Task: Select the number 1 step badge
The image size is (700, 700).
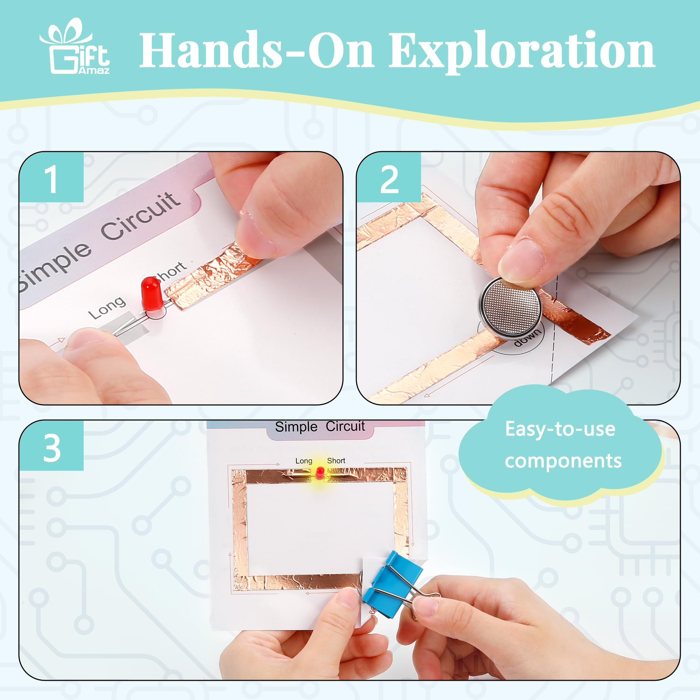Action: [51, 178]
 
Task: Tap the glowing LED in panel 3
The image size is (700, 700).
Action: [320, 472]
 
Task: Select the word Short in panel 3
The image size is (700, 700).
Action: [336, 461]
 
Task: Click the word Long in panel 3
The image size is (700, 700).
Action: [303, 461]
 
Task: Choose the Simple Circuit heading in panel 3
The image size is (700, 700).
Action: [320, 426]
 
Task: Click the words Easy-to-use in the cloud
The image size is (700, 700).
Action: [560, 430]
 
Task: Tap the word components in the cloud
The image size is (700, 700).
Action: [563, 461]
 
